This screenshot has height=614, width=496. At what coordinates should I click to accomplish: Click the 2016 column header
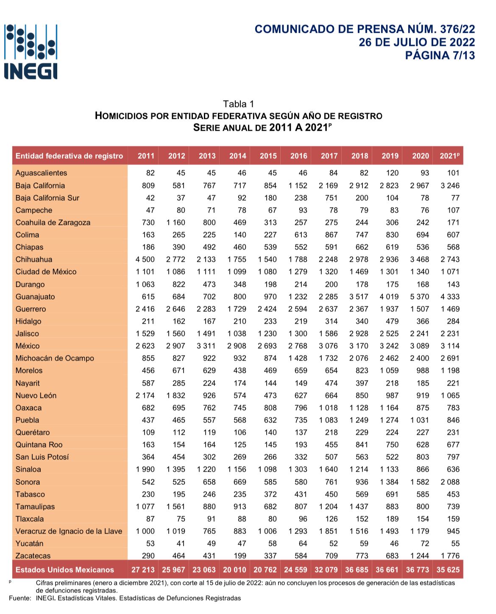tap(298, 156)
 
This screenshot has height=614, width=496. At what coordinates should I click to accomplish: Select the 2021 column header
tap(449, 156)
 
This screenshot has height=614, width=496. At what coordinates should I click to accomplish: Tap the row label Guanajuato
tap(35, 297)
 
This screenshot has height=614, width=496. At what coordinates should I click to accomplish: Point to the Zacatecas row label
tap(33, 556)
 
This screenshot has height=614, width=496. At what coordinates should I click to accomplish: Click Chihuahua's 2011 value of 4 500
tap(145, 260)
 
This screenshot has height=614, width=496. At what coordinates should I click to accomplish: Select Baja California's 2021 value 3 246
tap(450, 186)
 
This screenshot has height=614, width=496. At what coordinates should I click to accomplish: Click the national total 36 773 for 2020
tap(418, 570)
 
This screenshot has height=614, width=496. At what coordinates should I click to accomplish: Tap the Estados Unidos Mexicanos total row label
tap(65, 570)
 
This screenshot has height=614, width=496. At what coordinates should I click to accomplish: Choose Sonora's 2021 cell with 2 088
tap(450, 482)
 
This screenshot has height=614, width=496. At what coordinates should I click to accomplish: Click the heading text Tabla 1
tap(238, 104)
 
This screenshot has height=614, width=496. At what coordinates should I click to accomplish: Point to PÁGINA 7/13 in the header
tap(440, 56)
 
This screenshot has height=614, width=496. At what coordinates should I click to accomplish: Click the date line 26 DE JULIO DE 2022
tap(417, 42)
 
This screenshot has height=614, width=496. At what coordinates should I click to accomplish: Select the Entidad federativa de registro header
tap(69, 156)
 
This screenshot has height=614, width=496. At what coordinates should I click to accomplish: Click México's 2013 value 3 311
tap(206, 346)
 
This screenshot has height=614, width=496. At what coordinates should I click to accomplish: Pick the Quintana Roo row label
tap(39, 445)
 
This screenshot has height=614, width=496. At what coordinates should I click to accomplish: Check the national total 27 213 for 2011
tap(143, 570)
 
